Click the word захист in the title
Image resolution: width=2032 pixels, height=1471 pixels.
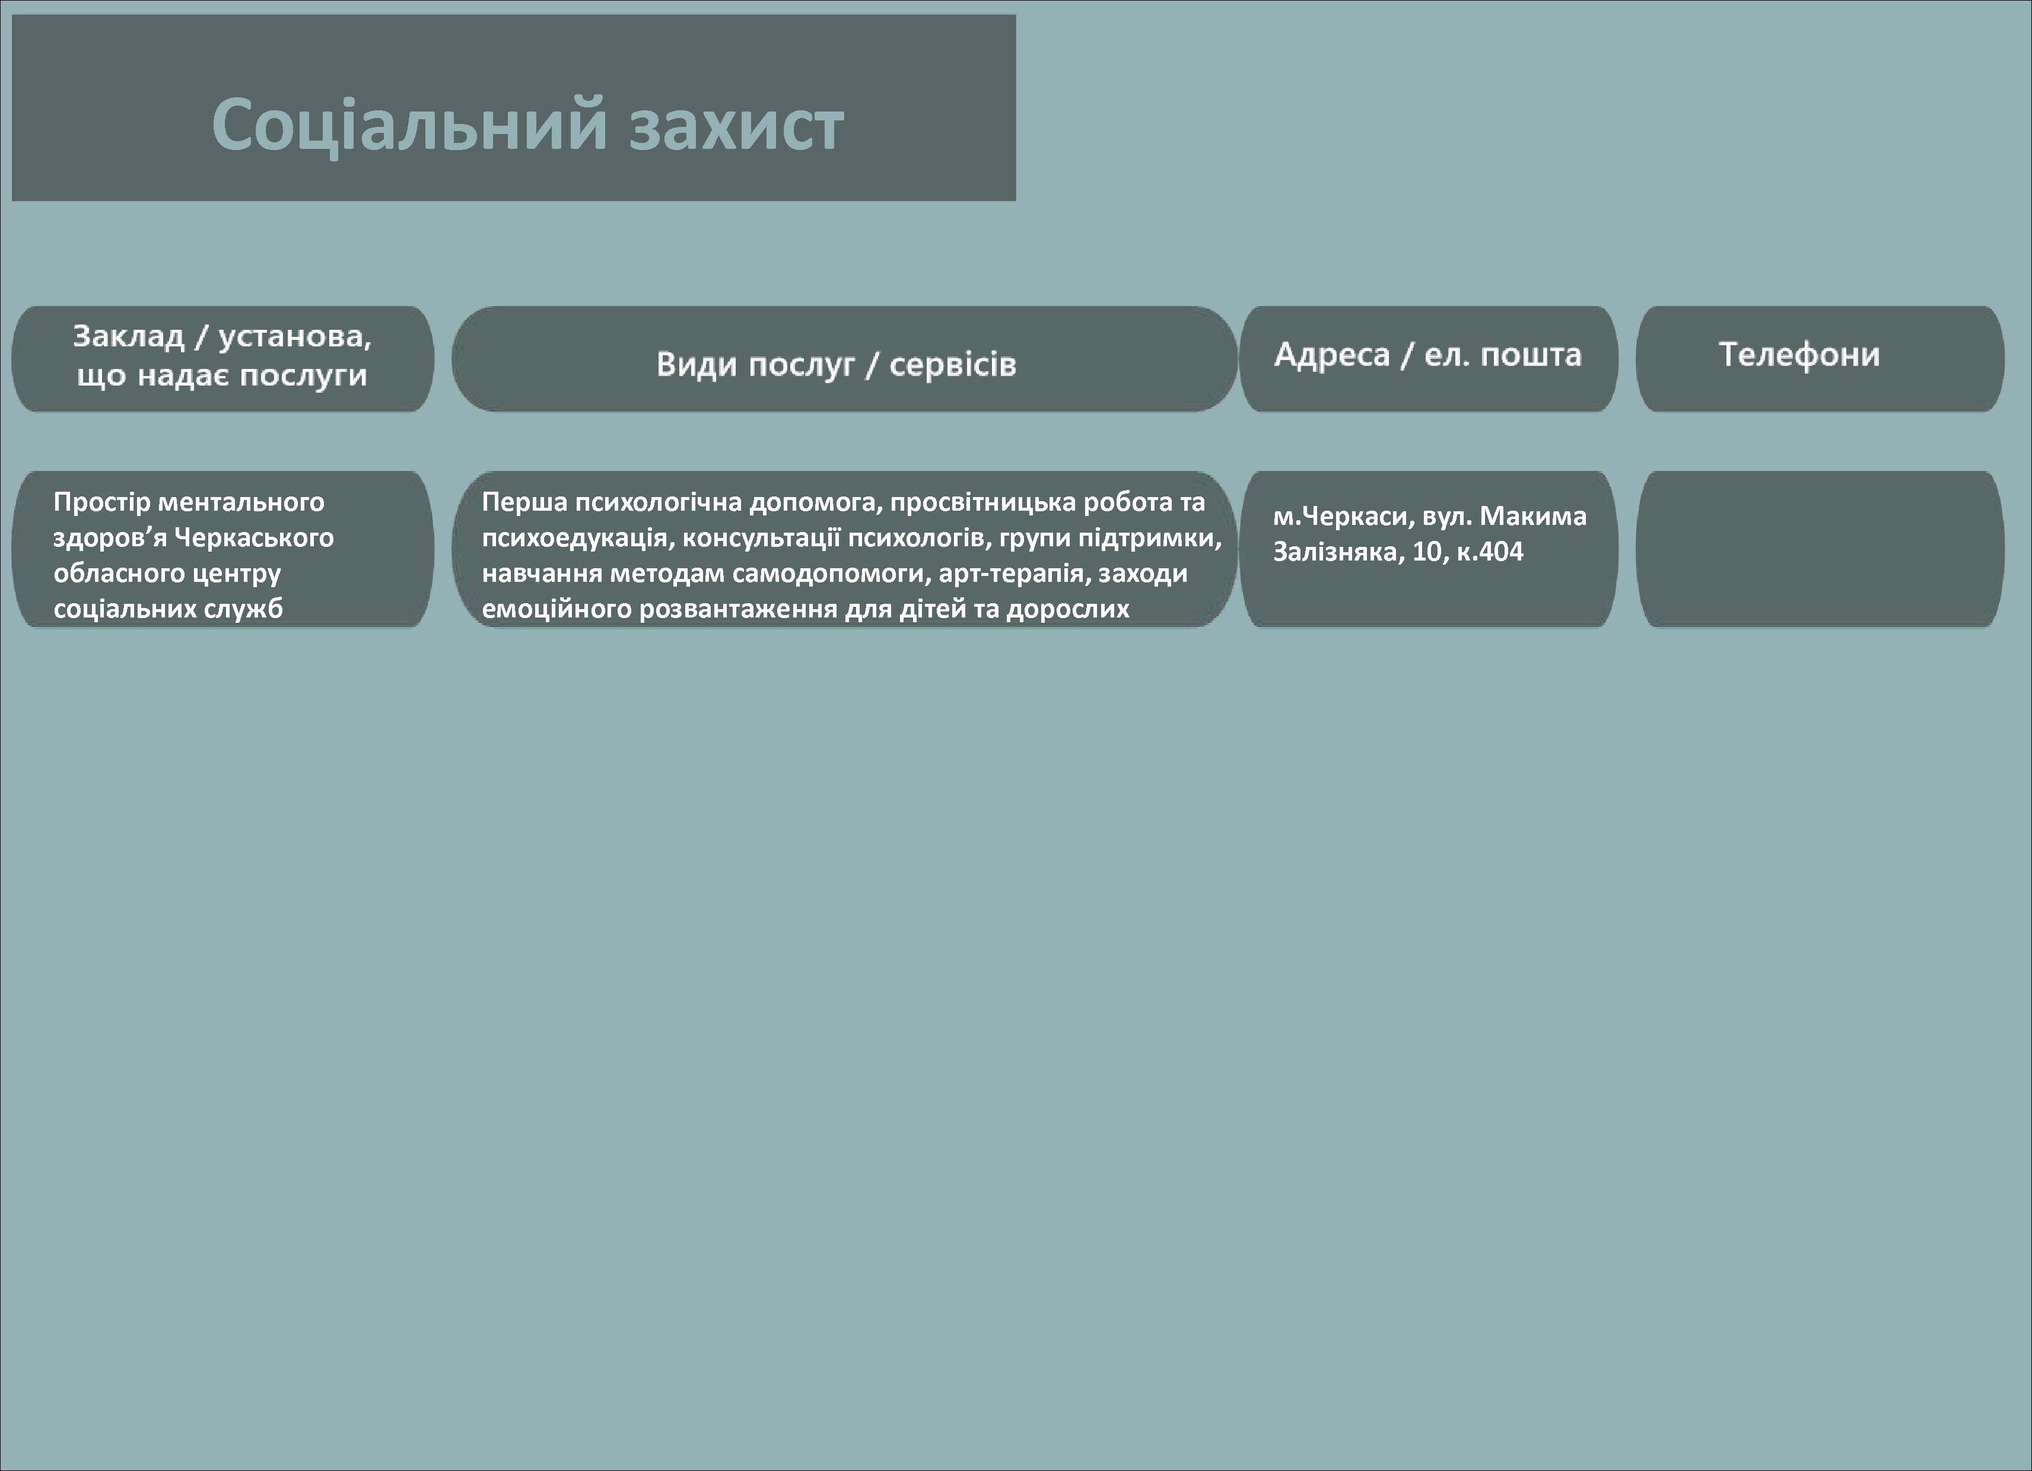tap(736, 125)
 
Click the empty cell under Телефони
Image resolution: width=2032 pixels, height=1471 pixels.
tap(1820, 549)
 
